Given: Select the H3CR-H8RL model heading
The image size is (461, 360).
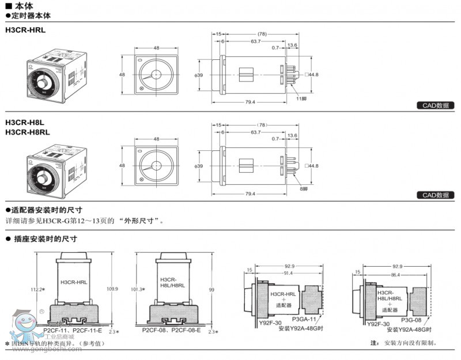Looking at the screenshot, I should click(x=27, y=132).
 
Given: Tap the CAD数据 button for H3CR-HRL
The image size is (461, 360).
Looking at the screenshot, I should click(x=435, y=105).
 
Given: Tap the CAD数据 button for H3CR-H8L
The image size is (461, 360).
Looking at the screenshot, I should click(x=435, y=195).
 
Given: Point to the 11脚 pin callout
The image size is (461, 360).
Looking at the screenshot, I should click(x=301, y=99).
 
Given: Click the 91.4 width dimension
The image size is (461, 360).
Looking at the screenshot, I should click(x=287, y=273).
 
